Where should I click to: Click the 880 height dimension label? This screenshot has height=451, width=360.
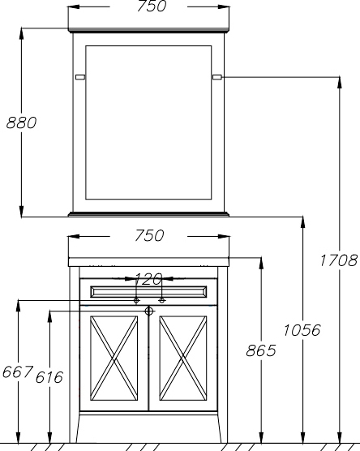click(21, 122)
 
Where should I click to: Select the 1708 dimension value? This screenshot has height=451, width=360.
click(338, 260)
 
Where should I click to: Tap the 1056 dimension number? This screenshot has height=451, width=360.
click(302, 330)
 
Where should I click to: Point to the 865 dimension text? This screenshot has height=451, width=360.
click(261, 350)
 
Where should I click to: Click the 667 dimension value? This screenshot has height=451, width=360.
click(18, 372)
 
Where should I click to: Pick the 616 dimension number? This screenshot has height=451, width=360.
click(49, 377)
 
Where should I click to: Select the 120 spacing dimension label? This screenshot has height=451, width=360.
click(148, 279)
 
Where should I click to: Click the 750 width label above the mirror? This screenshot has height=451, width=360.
click(152, 6)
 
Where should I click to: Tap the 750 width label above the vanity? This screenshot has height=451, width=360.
click(149, 235)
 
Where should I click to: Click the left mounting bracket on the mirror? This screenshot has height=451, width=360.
click(80, 77)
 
